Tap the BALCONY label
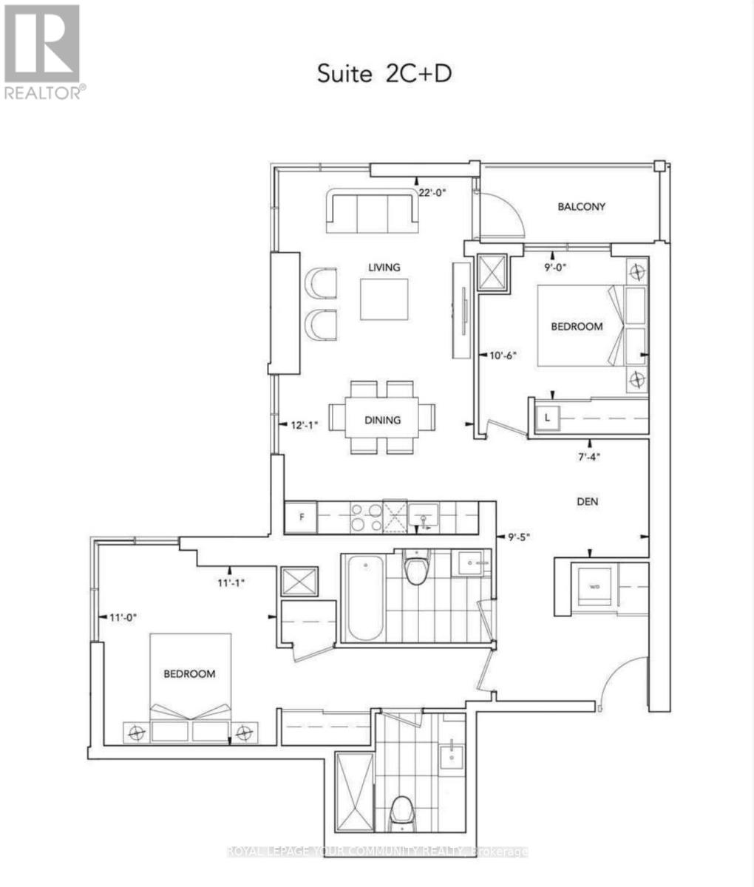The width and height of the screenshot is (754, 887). click(x=581, y=207)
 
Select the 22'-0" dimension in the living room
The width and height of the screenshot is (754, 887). click(x=433, y=192)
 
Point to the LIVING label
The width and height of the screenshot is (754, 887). click(x=384, y=267)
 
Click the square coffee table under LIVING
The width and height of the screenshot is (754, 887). click(x=384, y=299)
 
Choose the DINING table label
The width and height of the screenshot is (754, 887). click(x=382, y=420)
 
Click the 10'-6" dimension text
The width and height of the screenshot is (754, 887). click(x=503, y=355)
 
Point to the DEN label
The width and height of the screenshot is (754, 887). click(x=588, y=502)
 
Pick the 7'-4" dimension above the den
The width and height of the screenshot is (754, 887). click(x=588, y=456)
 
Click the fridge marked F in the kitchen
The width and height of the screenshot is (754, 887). click(x=301, y=517)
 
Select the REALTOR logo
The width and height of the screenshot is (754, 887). click(x=43, y=52)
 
